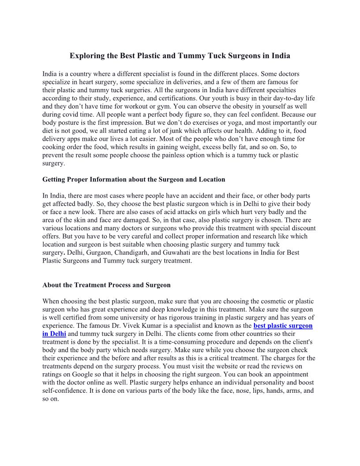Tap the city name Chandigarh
tap(121, 252)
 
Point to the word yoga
tap(202, 123)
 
